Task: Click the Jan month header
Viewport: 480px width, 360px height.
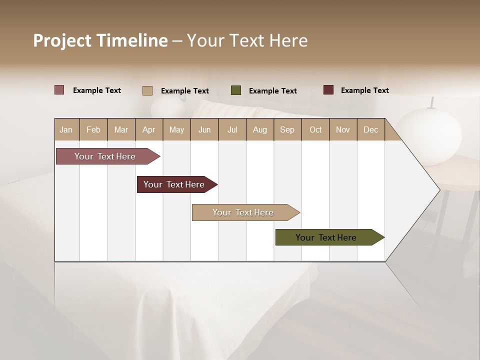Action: pos(66,129)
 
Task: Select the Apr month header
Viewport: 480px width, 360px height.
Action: pos(149,129)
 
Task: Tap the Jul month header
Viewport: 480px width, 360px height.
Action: pos(232,129)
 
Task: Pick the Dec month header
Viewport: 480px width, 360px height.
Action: pos(370,129)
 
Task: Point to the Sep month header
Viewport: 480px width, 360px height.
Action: pos(287,129)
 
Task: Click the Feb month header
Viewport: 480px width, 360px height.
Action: pos(93,129)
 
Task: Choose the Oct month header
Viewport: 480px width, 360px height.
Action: pos(315,129)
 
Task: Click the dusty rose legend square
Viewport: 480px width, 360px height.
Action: pos(59,90)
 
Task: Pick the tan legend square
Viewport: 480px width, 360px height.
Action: pos(147,90)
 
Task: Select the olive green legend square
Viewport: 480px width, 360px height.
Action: pos(236,90)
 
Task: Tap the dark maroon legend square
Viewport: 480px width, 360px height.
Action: pos(328,90)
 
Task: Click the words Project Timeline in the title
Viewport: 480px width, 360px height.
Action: pos(100,40)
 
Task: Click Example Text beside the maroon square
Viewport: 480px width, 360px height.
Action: pos(364,90)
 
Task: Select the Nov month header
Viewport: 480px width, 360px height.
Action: pos(343,129)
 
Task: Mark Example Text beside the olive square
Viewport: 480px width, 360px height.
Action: pos(272,91)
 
